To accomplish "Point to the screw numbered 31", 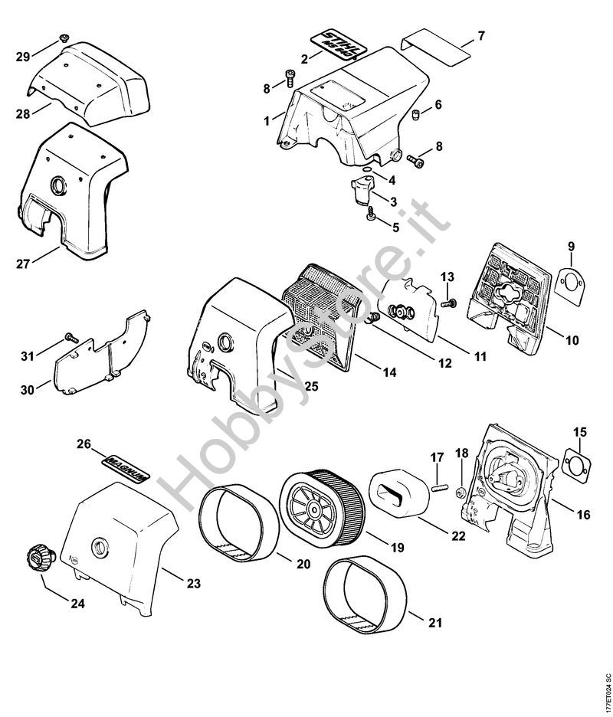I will [x=71, y=337].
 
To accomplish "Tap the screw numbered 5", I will [x=370, y=215].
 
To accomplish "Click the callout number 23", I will [x=193, y=584].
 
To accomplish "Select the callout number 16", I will [x=583, y=515].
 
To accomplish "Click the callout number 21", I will [x=434, y=623].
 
